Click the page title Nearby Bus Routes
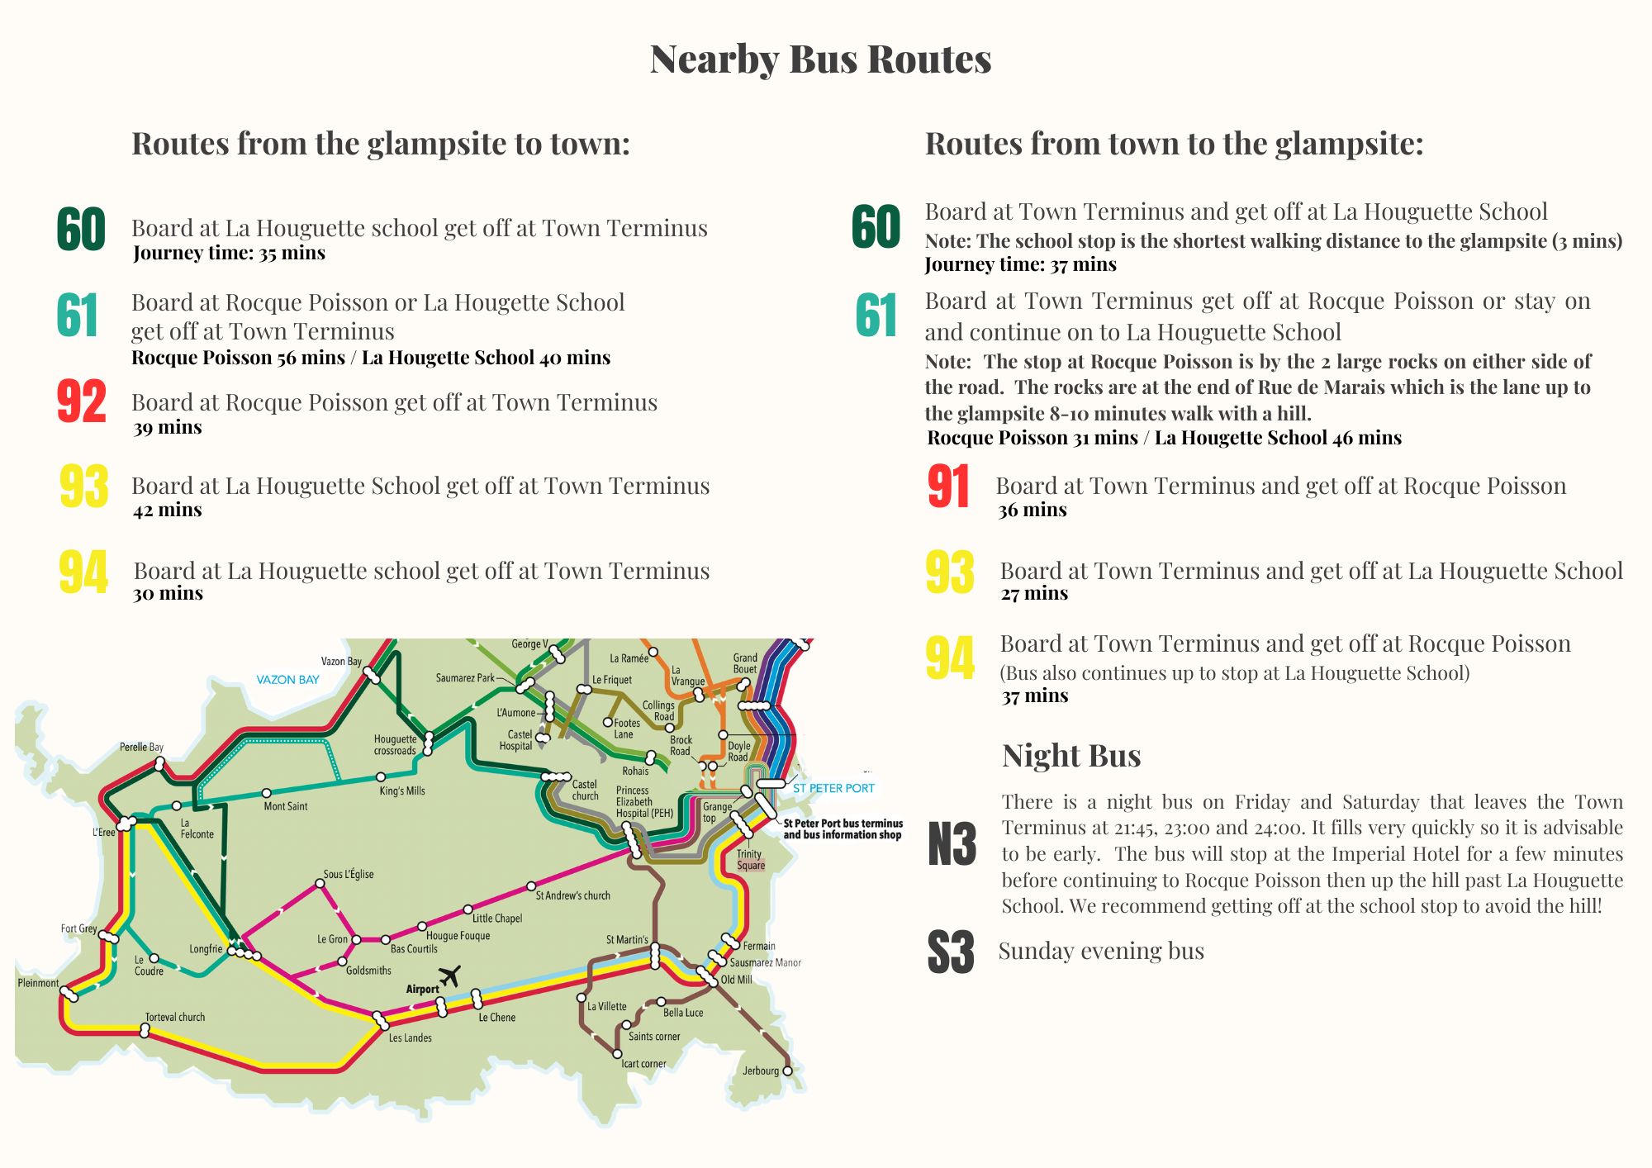coord(820,59)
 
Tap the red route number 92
coord(82,402)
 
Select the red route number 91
coord(948,487)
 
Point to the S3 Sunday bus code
coord(951,952)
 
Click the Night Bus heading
coord(1071,756)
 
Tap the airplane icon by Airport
coord(449,976)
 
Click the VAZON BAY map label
coord(287,680)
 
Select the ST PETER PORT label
coord(833,788)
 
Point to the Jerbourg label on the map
coord(761,1071)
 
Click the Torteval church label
coord(175,1017)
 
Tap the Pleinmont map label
coord(38,983)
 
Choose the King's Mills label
coord(402,791)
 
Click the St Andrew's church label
coord(573,895)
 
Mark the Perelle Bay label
coord(141,747)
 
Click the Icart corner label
coord(643,1063)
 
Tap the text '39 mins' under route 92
coord(168,427)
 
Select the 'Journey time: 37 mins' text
coord(1020,264)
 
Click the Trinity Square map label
coord(750,860)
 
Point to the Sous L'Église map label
coord(349,874)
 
